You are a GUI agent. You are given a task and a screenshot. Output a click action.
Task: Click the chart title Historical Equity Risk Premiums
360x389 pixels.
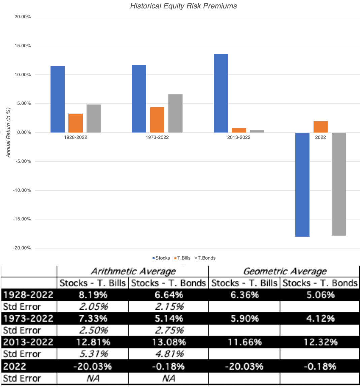click(183, 6)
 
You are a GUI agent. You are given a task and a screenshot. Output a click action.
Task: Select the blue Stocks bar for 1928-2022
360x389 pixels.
click(58, 99)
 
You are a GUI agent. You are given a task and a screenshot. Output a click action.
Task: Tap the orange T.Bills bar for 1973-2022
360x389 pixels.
click(157, 120)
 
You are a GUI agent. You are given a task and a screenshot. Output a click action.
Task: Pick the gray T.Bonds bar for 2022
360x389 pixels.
click(338, 184)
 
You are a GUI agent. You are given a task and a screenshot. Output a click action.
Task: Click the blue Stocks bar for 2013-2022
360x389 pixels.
click(221, 93)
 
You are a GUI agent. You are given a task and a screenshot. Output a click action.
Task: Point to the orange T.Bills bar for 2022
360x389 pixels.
click(320, 127)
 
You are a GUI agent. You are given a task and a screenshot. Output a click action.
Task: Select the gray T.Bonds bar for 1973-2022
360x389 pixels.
click(175, 113)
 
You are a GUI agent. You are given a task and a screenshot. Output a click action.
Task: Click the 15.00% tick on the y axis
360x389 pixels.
click(23, 46)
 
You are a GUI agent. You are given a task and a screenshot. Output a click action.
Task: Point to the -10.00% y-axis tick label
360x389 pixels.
click(22, 190)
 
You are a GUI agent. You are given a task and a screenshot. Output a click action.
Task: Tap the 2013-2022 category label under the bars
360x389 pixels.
click(239, 137)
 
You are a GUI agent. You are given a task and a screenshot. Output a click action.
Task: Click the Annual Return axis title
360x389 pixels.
click(9, 132)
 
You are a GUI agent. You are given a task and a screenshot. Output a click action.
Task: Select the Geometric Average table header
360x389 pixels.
click(285, 271)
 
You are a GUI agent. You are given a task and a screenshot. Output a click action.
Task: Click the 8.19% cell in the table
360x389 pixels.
click(93, 295)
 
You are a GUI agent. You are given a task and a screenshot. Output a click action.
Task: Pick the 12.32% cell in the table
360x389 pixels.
click(320, 342)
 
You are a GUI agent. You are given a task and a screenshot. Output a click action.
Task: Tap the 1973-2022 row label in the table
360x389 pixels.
click(28, 319)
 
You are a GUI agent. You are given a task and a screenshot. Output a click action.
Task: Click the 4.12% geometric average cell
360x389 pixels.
click(320, 319)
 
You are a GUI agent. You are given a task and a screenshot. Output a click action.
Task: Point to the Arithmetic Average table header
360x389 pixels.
click(133, 271)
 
